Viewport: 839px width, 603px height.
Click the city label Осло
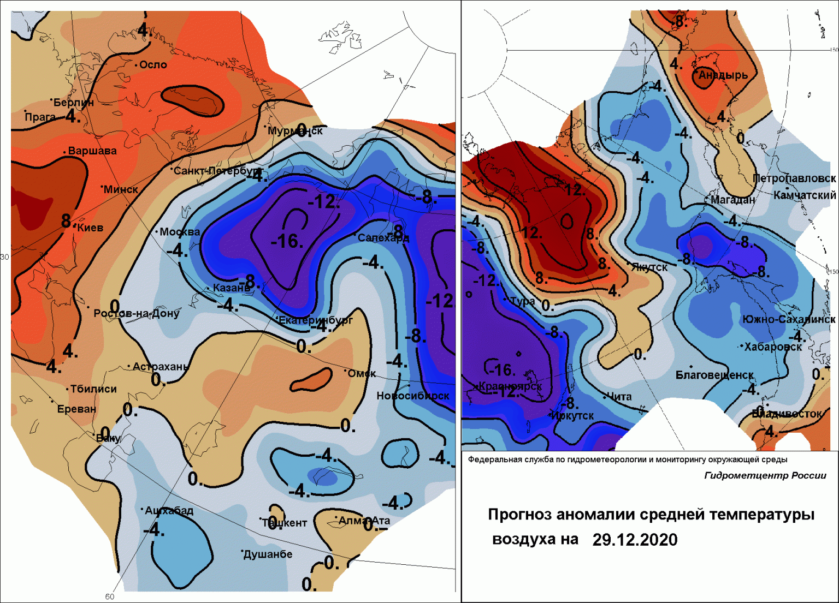(x=153, y=65)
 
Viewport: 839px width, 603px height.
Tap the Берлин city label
(x=74, y=103)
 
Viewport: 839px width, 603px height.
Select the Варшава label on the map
(x=92, y=151)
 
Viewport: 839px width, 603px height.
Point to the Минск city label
(x=121, y=190)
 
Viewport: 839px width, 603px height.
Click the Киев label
(x=90, y=228)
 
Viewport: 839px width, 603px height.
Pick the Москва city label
(x=180, y=232)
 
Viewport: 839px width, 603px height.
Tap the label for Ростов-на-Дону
(x=136, y=313)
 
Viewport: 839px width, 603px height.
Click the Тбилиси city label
(x=93, y=389)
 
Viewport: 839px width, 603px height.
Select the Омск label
(x=362, y=374)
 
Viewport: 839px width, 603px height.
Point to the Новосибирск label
(x=413, y=396)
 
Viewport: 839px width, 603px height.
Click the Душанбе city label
(x=268, y=554)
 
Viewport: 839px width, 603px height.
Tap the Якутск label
(x=649, y=267)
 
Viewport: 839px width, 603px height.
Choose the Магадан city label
(x=733, y=200)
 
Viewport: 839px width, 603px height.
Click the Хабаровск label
(x=773, y=347)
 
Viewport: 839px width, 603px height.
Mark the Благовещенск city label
(x=714, y=375)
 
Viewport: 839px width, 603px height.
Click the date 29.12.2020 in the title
(x=635, y=540)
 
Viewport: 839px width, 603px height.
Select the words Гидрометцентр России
(x=765, y=475)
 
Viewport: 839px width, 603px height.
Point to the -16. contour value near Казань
(x=287, y=241)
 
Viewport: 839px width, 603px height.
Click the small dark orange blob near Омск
(x=311, y=380)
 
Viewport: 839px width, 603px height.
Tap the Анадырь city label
(x=723, y=75)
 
